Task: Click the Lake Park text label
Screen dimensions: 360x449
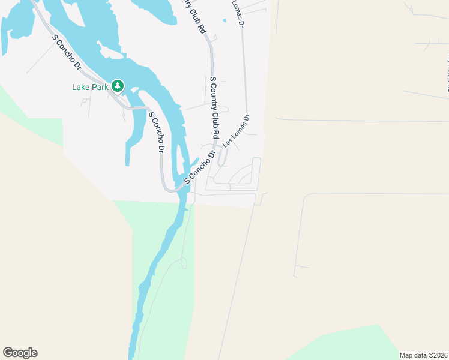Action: (x=90, y=87)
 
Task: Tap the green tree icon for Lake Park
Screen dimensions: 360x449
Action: (x=118, y=86)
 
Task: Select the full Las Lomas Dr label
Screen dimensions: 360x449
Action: (x=236, y=132)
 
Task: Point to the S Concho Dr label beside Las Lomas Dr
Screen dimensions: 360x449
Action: (x=199, y=168)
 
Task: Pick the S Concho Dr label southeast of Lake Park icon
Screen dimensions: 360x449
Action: (x=155, y=132)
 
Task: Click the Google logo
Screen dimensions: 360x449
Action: (x=20, y=353)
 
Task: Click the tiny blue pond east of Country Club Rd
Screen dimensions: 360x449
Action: (x=224, y=21)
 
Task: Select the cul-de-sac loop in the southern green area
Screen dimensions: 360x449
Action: (x=184, y=262)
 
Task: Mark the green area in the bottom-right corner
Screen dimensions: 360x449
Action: (x=360, y=345)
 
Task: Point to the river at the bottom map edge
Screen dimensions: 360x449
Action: (x=133, y=351)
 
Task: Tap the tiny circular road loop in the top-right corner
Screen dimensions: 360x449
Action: (x=411, y=8)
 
